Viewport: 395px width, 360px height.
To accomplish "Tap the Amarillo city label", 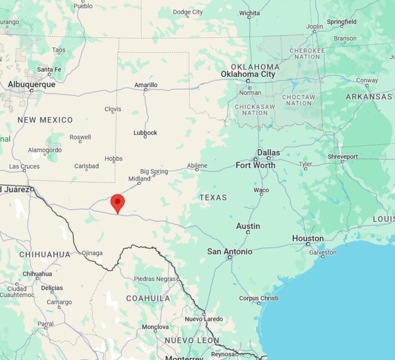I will point(146,85).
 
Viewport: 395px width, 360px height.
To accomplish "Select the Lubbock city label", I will point(145,133).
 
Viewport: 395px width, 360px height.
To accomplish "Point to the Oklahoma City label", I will point(248,74).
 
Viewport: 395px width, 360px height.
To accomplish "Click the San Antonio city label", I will point(230,251).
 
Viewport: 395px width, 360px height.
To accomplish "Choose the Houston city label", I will point(307,238).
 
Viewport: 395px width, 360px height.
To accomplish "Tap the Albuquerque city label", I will point(32,84).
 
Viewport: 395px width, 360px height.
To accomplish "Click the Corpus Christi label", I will point(258,298).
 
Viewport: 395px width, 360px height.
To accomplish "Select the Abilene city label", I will point(197,165).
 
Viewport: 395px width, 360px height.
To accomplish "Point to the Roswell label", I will point(80,137).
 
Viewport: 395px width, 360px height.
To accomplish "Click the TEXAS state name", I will point(213,197).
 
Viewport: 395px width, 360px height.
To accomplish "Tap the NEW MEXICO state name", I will point(45,120).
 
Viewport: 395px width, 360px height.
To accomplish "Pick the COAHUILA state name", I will point(148,298).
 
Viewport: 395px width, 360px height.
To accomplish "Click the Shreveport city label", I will point(343,156).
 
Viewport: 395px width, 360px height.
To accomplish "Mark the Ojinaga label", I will point(92,253).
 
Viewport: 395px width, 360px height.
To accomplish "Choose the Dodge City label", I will point(187,12).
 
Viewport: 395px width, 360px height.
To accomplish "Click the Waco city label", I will point(261,190).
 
